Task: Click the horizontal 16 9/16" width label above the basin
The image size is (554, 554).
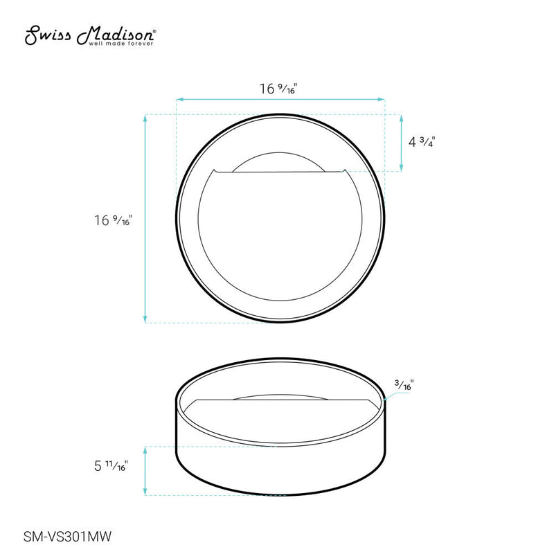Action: [280, 89]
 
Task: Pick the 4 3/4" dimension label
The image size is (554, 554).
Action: [422, 142]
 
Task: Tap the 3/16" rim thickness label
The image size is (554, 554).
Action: [404, 385]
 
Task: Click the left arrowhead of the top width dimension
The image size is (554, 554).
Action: [179, 100]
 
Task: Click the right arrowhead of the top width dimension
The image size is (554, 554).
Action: [382, 100]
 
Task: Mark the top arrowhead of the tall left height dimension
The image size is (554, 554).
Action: [145, 117]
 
